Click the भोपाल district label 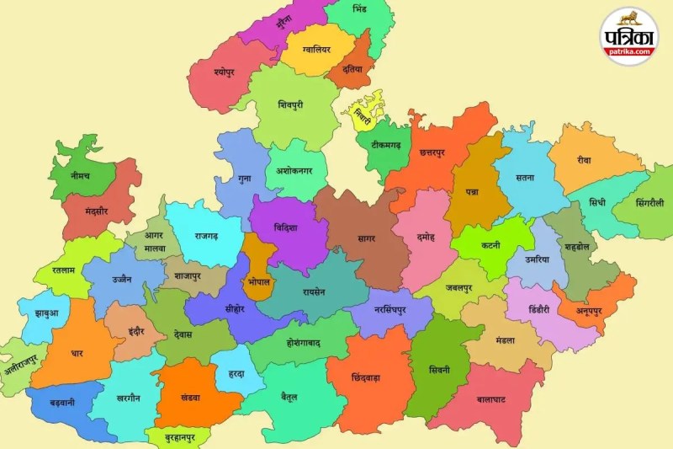(259, 281)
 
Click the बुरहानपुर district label (177, 438)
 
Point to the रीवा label (584, 160)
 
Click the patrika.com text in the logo (630, 51)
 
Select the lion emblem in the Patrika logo (629, 18)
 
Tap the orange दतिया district (352, 68)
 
